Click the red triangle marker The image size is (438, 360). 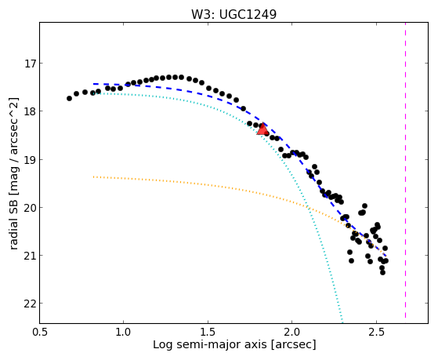tap(262, 129)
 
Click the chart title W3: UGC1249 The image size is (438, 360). tap(233, 15)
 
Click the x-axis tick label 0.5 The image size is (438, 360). tap(39, 332)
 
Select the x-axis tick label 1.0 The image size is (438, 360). tap(123, 332)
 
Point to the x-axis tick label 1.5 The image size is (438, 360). tap(208, 332)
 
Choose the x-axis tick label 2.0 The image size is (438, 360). tap(292, 332)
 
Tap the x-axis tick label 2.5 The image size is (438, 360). tap(377, 332)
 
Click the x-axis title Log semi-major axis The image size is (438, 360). tap(210, 344)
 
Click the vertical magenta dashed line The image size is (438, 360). tap(405, 170)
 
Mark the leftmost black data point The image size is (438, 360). tap(69, 99)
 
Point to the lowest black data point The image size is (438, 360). tap(382, 272)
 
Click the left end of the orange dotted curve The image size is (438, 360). tap(93, 176)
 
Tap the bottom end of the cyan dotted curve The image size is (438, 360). tap(342, 321)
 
